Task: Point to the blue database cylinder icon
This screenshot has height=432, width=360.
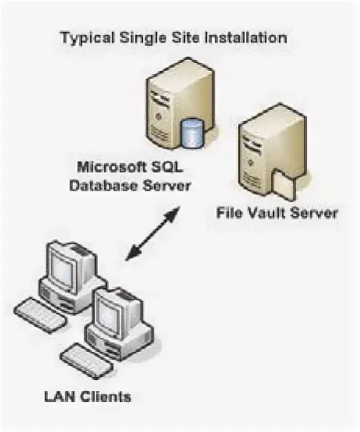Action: pyautogui.click(x=192, y=132)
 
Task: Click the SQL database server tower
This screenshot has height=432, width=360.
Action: pyautogui.click(x=170, y=100)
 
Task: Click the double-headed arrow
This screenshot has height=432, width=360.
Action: pyautogui.click(x=152, y=234)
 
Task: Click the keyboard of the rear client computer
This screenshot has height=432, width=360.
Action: pyautogui.click(x=40, y=314)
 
